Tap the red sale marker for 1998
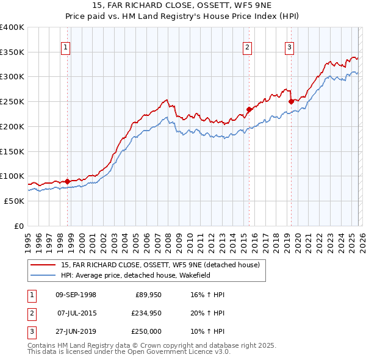[x=67, y=181]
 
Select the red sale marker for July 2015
[x=249, y=110]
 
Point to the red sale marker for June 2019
[x=291, y=101]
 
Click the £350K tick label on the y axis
[x=12, y=52]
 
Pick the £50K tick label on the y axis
[x=14, y=201]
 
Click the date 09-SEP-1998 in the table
[x=76, y=295]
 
